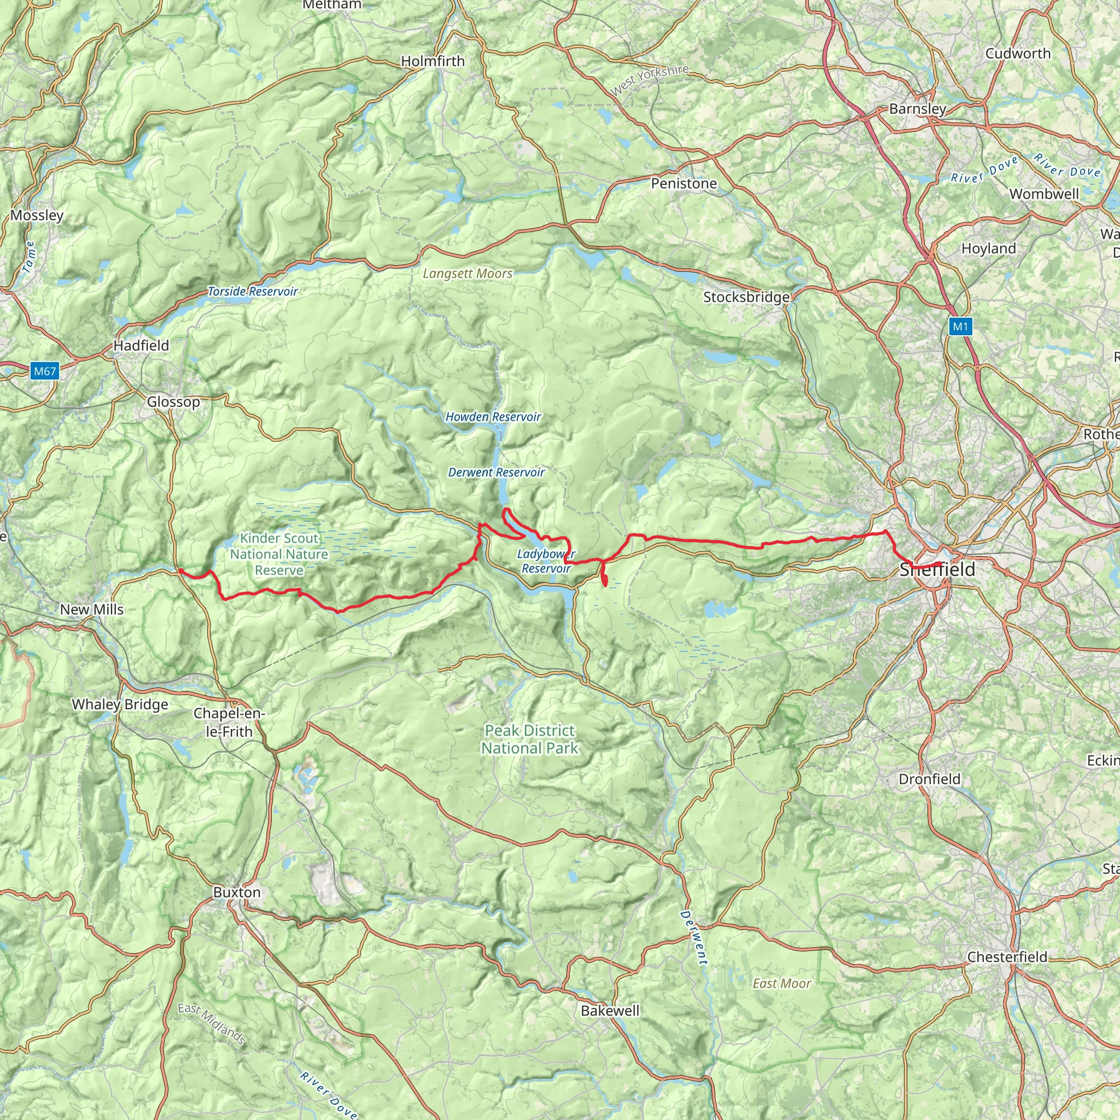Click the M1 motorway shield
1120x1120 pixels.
pos(960,326)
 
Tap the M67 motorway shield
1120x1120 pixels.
pos(45,371)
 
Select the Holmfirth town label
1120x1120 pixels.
pos(433,61)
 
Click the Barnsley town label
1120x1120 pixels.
pos(917,108)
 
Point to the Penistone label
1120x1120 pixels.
pos(684,183)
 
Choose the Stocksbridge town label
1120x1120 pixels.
pos(745,297)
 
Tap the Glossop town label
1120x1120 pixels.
pos(173,401)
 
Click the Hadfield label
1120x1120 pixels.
pos(141,345)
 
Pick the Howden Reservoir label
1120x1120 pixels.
pos(493,416)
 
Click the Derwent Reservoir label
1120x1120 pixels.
pos(495,472)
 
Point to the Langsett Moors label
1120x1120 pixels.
pos(467,273)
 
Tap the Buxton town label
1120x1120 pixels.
pos(236,891)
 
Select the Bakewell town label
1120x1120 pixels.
pos(610,1011)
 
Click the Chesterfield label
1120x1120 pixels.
pos(1007,956)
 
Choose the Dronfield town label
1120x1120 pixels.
pos(929,779)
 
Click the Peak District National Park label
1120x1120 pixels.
pos(529,739)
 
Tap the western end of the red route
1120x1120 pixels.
pos(180,570)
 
